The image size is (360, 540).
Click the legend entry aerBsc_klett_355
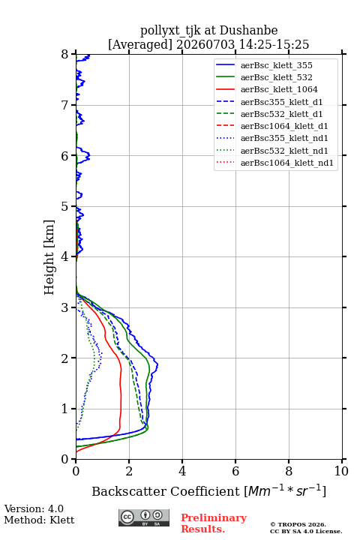[x=276, y=65]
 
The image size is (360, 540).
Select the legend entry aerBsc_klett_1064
[x=279, y=89]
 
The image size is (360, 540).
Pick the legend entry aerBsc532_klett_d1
[x=281, y=114]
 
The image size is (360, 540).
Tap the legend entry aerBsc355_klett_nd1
[x=284, y=138]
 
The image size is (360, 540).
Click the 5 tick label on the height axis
[x=65, y=207]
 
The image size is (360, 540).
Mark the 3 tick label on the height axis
[x=65, y=307]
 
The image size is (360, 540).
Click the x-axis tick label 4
[x=182, y=471]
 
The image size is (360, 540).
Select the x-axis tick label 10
[x=341, y=471]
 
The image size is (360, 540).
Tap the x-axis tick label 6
[x=235, y=471]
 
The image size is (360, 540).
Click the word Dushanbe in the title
[x=248, y=31]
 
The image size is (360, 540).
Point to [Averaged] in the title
[x=139, y=45]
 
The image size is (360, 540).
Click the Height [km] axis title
[x=49, y=257]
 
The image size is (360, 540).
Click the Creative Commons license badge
[x=144, y=517]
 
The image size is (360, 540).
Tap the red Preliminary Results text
[x=214, y=523]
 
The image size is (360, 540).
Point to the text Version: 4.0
[x=34, y=508]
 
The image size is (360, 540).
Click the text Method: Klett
[x=39, y=520]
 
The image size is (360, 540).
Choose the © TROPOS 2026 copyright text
[x=298, y=524]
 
